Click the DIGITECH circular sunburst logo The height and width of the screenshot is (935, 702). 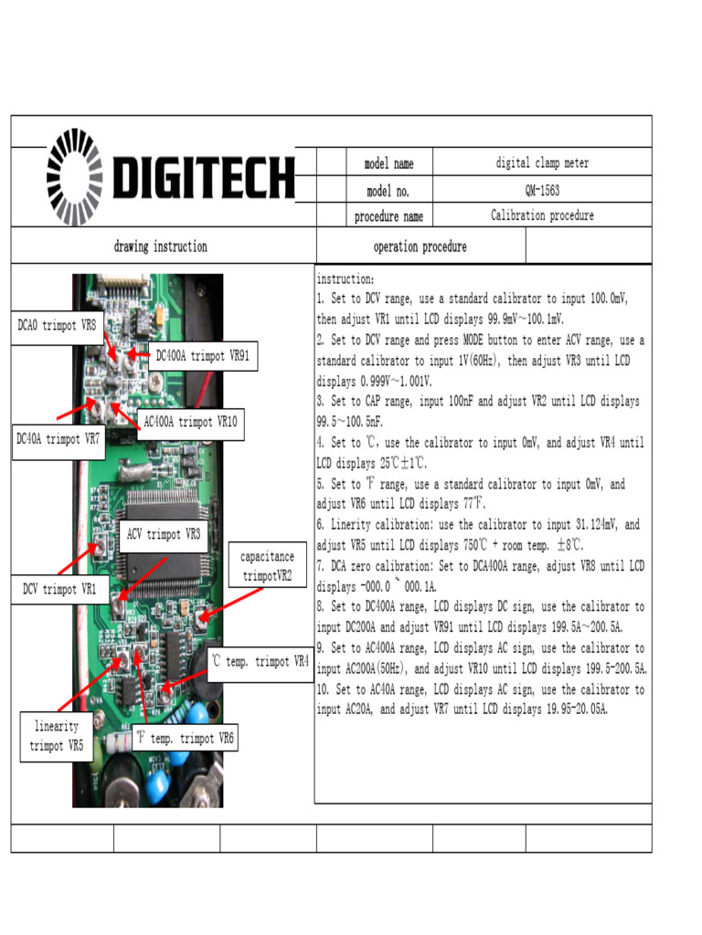pyautogui.click(x=76, y=178)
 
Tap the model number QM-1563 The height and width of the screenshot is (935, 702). pyautogui.click(x=542, y=190)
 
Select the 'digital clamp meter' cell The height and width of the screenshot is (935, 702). pyautogui.click(x=542, y=163)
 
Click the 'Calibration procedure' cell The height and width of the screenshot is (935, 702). pyautogui.click(x=542, y=215)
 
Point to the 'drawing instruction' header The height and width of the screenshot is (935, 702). pyautogui.click(x=161, y=247)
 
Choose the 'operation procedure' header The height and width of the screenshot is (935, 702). pyautogui.click(x=420, y=247)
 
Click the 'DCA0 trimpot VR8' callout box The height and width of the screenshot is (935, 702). pyautogui.click(x=57, y=325)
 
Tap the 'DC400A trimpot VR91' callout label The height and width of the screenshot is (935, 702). pyautogui.click(x=202, y=356)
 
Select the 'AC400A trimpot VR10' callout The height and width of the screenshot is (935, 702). pyautogui.click(x=190, y=422)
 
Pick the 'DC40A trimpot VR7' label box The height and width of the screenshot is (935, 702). pyautogui.click(x=58, y=439)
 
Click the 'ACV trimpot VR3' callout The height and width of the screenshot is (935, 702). pyautogui.click(x=164, y=534)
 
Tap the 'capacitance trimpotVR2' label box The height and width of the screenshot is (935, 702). pyautogui.click(x=268, y=566)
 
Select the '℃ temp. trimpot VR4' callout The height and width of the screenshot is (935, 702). pyautogui.click(x=261, y=661)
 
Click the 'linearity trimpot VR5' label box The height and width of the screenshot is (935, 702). pyautogui.click(x=57, y=736)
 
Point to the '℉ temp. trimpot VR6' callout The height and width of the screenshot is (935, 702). pyautogui.click(x=185, y=738)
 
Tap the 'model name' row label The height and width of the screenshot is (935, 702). pyautogui.click(x=388, y=164)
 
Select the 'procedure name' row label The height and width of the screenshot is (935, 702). pyautogui.click(x=388, y=216)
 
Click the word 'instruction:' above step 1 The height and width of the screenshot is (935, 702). pyautogui.click(x=345, y=278)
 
